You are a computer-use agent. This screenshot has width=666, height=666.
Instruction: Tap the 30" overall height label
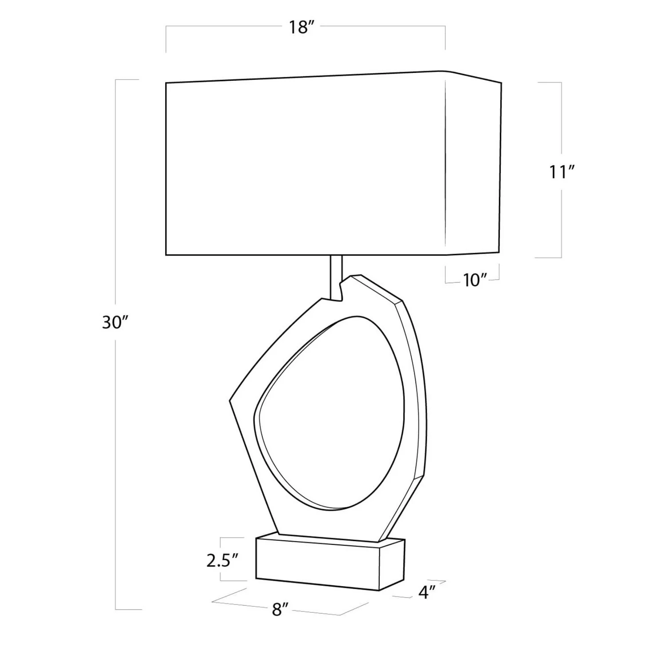[115, 322]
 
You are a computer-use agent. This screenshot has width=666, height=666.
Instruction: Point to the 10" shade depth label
[475, 280]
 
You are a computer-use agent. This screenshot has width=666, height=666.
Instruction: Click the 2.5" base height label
[223, 561]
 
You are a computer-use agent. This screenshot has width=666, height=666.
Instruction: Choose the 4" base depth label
[426, 592]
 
